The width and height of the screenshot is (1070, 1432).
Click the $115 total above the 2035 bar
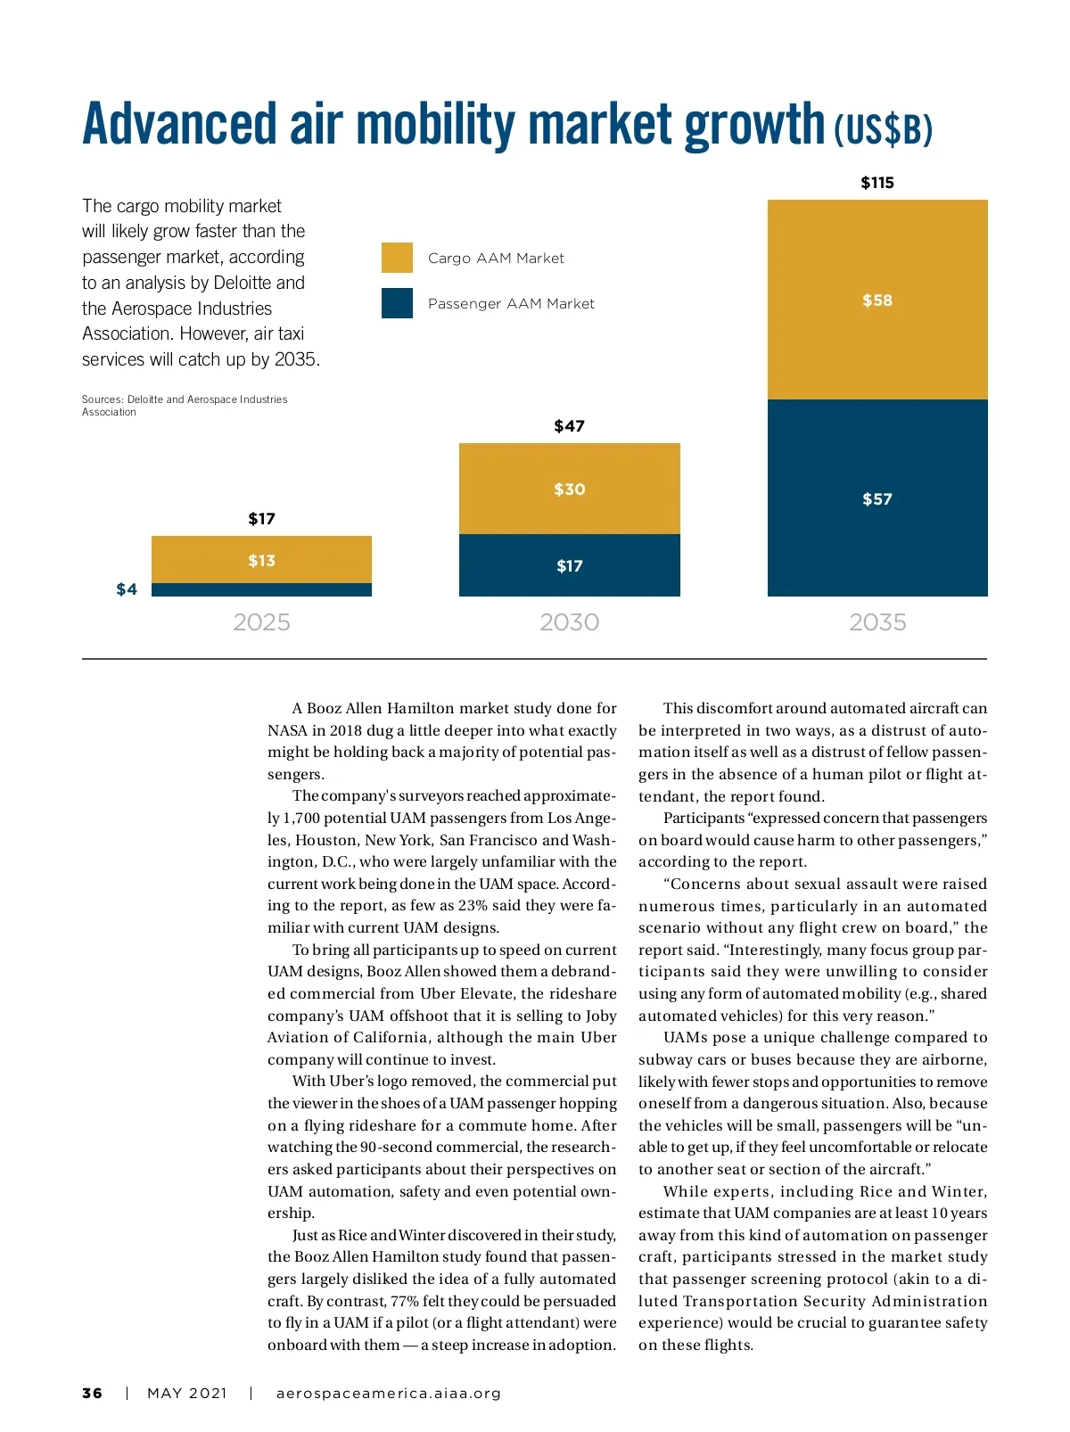[x=877, y=183]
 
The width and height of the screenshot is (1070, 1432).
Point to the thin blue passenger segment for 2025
[x=261, y=589]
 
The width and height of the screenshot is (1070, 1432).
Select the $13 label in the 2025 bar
[x=261, y=561]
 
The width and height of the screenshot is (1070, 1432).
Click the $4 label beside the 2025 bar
[x=127, y=589]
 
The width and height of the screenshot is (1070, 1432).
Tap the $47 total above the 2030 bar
[x=569, y=426]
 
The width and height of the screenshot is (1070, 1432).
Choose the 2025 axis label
[x=261, y=622]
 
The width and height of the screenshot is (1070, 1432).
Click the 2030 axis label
[x=569, y=622]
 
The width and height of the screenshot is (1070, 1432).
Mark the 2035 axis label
[x=877, y=622]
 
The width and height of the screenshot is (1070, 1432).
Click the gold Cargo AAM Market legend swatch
[x=397, y=258]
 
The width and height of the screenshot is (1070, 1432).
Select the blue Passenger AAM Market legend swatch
[x=397, y=303]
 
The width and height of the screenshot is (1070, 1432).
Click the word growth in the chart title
[x=753, y=125]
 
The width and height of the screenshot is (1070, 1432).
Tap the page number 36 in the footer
[x=92, y=1393]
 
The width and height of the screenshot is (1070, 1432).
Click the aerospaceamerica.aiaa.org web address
[x=389, y=1393]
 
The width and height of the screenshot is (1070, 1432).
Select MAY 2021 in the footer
[x=187, y=1393]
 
